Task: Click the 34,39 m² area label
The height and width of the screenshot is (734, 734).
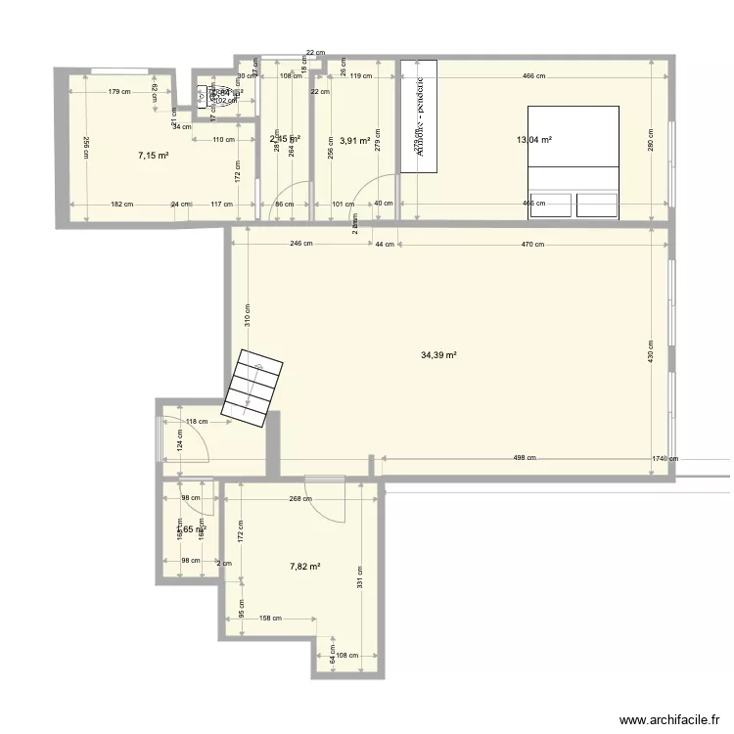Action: click(439, 356)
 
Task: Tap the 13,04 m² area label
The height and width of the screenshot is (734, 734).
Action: click(534, 140)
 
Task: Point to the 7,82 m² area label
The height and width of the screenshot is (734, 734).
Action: click(304, 566)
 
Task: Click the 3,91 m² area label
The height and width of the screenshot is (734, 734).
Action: click(353, 141)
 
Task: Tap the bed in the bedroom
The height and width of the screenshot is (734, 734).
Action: click(573, 161)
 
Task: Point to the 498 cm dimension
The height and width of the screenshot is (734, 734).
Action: click(525, 457)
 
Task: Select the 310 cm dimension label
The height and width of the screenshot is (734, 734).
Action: click(249, 313)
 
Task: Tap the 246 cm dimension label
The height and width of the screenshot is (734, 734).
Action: click(301, 244)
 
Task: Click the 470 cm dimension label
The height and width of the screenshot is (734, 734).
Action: click(532, 244)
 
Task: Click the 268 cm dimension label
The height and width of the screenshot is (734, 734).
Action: click(300, 497)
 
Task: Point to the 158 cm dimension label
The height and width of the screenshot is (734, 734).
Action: click(271, 618)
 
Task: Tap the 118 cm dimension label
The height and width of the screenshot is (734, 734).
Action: click(198, 422)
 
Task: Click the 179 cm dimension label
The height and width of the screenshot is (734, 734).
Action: click(120, 92)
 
